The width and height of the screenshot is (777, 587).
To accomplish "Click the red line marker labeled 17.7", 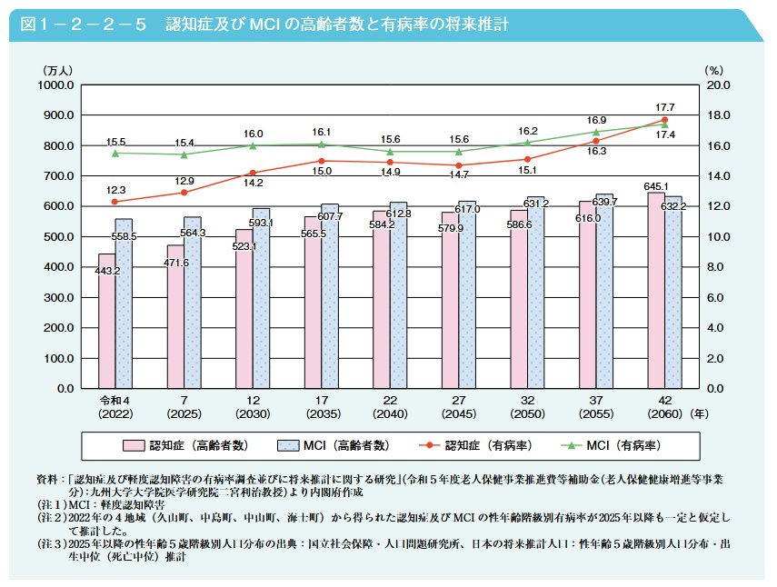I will point(664,120).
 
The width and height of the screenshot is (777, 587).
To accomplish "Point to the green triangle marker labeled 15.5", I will point(115,153).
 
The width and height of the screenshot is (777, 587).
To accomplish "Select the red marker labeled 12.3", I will point(115,202).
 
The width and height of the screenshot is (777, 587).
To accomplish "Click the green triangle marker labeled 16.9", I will point(596,132).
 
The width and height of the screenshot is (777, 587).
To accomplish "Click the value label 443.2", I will point(107,271).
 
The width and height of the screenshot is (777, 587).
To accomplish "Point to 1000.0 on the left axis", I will point(55,85).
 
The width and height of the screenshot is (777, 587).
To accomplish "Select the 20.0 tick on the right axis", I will point(718,85).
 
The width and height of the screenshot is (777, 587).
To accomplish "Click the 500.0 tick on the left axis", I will point(57,237).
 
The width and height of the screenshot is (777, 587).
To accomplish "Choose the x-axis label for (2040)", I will point(390,414).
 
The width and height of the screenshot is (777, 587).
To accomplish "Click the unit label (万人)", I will point(62,69).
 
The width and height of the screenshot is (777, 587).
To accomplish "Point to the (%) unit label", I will point(712,69).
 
